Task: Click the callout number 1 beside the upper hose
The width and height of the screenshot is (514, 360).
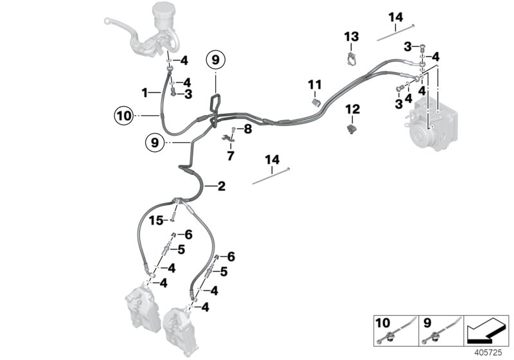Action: click(x=145, y=93)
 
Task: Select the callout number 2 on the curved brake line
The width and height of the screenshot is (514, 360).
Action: click(x=221, y=187)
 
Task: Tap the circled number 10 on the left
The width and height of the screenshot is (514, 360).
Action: click(x=123, y=116)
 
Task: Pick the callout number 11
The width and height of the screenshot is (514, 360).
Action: click(x=314, y=85)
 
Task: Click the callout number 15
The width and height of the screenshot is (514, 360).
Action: click(x=156, y=221)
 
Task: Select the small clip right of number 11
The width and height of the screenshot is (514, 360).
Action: click(x=315, y=104)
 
